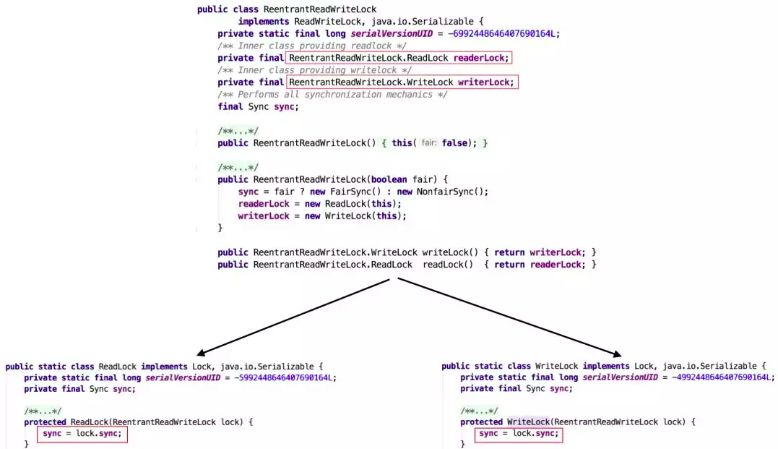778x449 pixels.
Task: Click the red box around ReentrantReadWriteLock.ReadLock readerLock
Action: (x=399, y=58)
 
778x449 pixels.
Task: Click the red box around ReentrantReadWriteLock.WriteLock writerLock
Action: (x=402, y=82)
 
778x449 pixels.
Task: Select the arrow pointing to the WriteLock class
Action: (x=509, y=317)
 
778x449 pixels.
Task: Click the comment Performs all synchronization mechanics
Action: (x=332, y=95)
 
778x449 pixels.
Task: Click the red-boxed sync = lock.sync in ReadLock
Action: (x=82, y=434)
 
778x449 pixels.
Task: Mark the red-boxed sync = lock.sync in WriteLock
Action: (x=518, y=434)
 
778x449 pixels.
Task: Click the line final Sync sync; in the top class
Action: (x=258, y=107)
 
